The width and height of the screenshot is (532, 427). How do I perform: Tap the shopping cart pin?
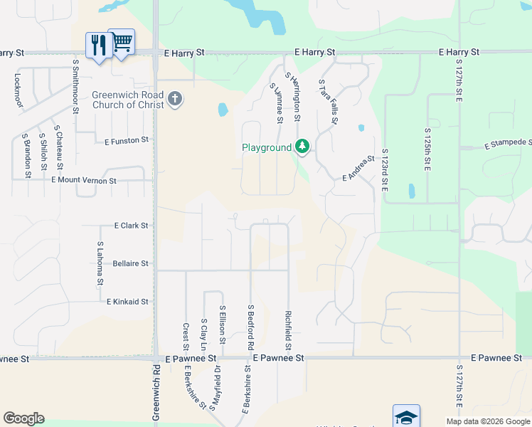tap(122, 44)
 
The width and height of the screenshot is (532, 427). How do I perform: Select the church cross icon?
tap(174, 99)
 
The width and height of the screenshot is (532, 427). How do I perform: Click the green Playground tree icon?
tap(302, 147)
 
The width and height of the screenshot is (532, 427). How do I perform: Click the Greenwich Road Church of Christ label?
tap(128, 100)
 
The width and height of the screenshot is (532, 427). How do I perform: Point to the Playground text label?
tap(267, 147)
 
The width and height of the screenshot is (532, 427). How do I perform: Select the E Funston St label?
tap(127, 140)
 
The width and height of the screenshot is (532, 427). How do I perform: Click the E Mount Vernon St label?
tap(84, 181)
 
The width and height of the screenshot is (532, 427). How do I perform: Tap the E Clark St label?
tap(131, 225)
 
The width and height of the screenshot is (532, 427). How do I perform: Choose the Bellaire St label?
tap(130, 263)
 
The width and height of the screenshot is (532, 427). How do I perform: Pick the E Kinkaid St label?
tap(127, 302)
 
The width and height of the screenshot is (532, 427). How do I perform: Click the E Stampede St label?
tap(508, 145)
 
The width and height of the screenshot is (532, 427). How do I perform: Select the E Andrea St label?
tap(358, 169)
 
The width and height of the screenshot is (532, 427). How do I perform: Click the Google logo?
tap(23, 418)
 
